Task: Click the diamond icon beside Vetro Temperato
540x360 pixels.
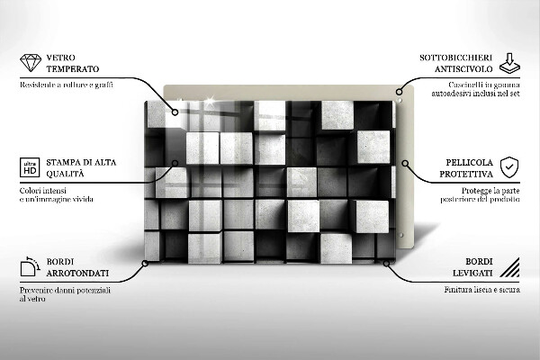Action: click(x=30, y=63)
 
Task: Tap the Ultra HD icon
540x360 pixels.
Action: click(x=29, y=167)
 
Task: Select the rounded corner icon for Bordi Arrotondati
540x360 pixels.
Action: click(x=30, y=266)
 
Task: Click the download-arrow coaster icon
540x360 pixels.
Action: click(x=508, y=63)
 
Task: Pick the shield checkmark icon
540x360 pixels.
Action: click(x=509, y=166)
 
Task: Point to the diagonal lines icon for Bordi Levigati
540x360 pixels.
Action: click(x=509, y=266)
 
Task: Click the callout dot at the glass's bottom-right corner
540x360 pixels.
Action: click(x=385, y=263)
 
